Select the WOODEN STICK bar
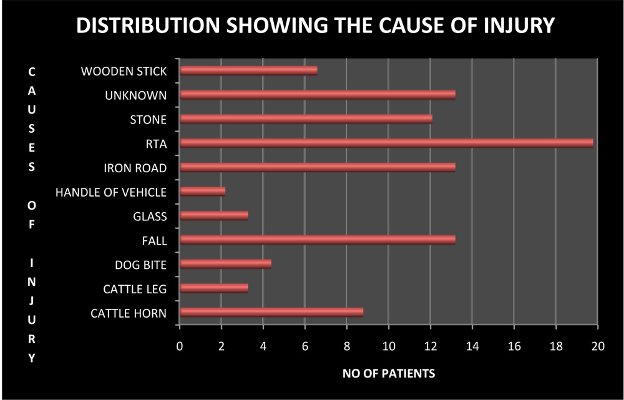pos(248,71)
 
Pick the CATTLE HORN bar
pos(271,313)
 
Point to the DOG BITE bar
pos(225,264)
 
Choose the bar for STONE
pos(306,119)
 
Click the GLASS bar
pos(213,216)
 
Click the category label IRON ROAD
pos(135,168)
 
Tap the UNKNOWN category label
pos(135,95)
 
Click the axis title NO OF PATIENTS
pos(388,374)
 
